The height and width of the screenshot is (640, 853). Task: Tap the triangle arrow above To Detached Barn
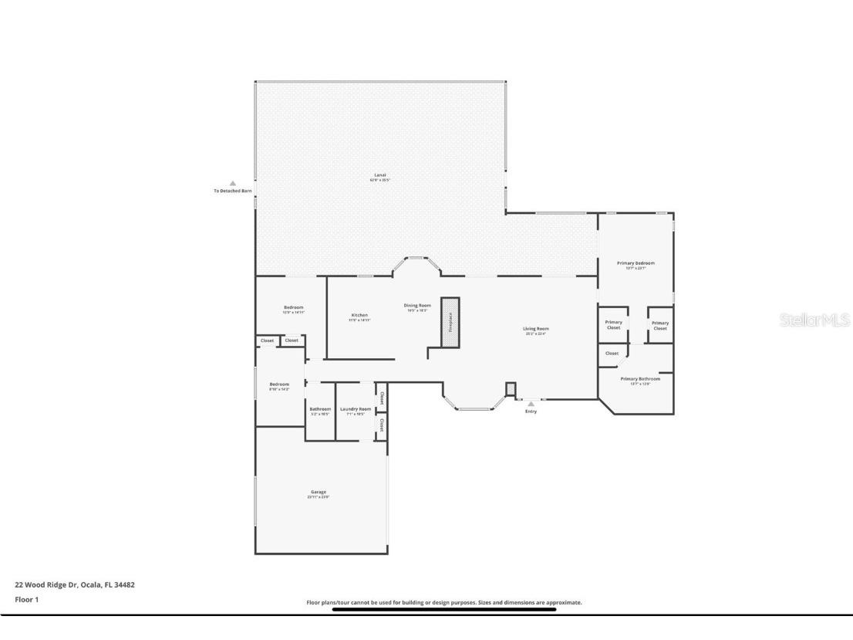tap(232, 184)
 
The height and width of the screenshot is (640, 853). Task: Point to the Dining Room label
tap(417, 306)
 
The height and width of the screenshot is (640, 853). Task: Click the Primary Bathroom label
tap(640, 380)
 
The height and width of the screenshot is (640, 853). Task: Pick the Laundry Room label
tap(356, 410)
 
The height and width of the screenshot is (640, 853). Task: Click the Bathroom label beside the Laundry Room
tap(320, 410)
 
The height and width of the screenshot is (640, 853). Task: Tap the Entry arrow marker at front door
tap(531, 404)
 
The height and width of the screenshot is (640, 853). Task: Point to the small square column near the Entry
tap(510, 388)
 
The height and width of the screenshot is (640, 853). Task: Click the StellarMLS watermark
tap(814, 320)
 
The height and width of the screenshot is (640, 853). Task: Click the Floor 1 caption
tap(26, 599)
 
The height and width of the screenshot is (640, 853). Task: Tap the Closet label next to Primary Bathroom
tap(612, 353)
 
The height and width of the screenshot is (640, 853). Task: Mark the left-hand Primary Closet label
tap(613, 324)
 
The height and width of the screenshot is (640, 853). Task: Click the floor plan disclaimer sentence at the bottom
tap(444, 602)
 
